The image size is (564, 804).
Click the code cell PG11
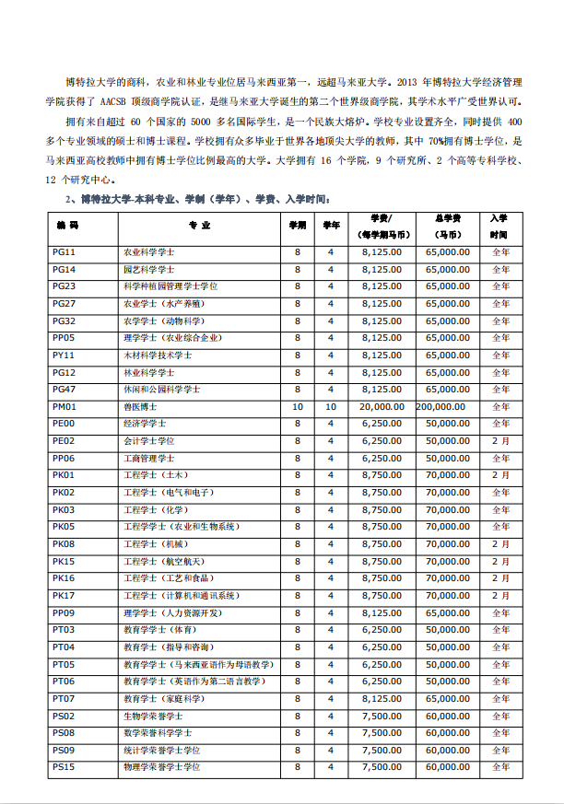pos(64,251)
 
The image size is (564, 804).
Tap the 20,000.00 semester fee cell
pos(382,406)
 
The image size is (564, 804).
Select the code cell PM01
pos(64,406)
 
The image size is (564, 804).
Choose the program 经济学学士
pos(145,424)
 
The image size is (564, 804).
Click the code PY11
pos(64,355)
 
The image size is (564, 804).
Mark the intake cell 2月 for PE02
pos(500,441)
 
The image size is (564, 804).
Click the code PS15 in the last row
pos(64,767)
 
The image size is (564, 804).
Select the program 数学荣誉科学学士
pos(158,733)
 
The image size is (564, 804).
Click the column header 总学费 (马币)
pos(452,226)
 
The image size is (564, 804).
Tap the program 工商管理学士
pos(148,458)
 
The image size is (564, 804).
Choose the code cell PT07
pos(64,699)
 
